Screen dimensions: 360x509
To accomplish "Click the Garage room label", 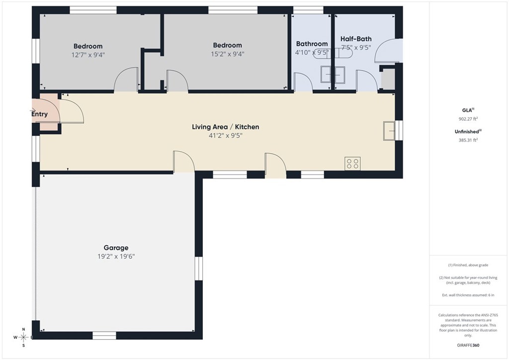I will (116, 248).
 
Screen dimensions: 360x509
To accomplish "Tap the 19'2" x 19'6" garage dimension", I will (116, 257).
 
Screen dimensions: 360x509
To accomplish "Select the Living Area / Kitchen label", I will (225, 127).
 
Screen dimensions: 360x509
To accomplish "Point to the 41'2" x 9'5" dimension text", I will (225, 136).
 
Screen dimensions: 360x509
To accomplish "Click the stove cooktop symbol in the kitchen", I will (352, 164).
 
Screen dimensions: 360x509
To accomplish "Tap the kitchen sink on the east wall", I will (389, 131).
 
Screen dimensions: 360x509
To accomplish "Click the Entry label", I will (40, 114).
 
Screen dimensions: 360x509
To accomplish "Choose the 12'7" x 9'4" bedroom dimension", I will (88, 55).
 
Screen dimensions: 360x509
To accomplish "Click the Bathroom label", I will (312, 44).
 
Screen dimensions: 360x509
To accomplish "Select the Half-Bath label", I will (355, 39).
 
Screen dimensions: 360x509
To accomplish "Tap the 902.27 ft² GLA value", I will (467, 119).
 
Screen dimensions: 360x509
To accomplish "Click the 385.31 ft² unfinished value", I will (467, 140).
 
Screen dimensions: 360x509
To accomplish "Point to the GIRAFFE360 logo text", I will (468, 345).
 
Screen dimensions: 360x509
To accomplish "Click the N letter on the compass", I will (23, 329).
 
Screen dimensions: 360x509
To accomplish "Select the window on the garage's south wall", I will (104, 336).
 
